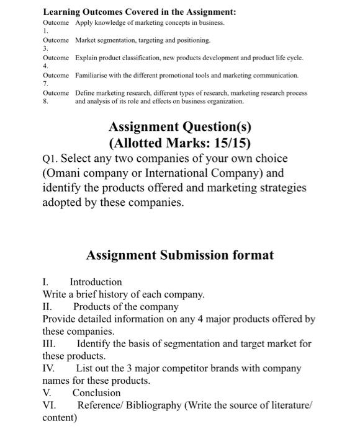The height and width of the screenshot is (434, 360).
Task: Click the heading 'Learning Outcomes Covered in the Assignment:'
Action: tap(139, 12)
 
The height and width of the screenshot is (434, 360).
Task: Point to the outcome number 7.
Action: tap(45, 81)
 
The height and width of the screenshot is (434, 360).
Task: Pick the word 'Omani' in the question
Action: tap(64, 173)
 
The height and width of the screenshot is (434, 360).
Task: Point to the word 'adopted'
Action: tap(63, 203)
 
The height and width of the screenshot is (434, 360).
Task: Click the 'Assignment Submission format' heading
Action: tap(180, 255)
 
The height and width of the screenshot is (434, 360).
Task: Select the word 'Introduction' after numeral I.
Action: tap(96, 281)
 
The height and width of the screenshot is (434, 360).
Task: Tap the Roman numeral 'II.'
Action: tap(48, 306)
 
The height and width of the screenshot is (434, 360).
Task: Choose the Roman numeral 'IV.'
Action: tap(50, 368)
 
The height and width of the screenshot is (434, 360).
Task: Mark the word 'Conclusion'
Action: tap(96, 393)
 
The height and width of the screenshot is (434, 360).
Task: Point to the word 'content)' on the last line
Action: tap(60, 418)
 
